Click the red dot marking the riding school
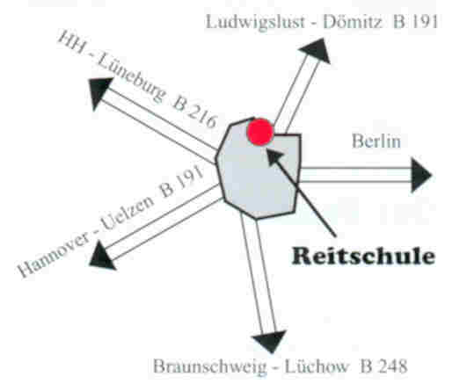[260, 132]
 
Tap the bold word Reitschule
[363, 256]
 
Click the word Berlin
[376, 141]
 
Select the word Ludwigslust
[255, 22]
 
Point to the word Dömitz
[353, 21]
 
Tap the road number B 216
[194, 112]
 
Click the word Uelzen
[127, 213]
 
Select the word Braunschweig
[209, 366]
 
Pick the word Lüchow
[317, 366]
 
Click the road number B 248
[383, 366]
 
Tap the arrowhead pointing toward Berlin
[421, 175]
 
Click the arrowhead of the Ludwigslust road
[316, 52]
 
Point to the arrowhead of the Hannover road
[102, 257]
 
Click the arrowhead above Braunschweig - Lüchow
[270, 341]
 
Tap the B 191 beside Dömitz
[415, 22]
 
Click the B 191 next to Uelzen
[182, 181]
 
